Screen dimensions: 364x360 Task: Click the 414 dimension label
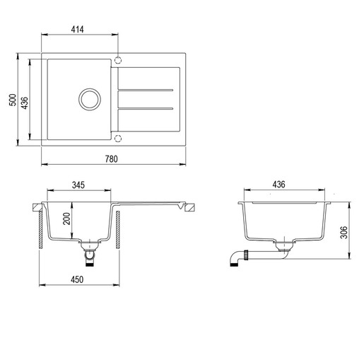pos(77,30)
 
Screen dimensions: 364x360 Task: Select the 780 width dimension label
pos(111,159)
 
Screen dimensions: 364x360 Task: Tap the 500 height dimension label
pos(13,100)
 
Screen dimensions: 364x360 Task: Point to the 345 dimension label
pos(78,185)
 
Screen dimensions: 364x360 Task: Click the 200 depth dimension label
pos(66,219)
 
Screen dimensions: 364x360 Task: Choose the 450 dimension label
pos(77,279)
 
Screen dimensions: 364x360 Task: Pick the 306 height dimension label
pos(344,232)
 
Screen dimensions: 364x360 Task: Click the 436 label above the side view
pos(278,185)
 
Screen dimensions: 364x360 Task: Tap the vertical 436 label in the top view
pos(25,103)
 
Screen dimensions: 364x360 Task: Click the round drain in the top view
pos(90,99)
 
